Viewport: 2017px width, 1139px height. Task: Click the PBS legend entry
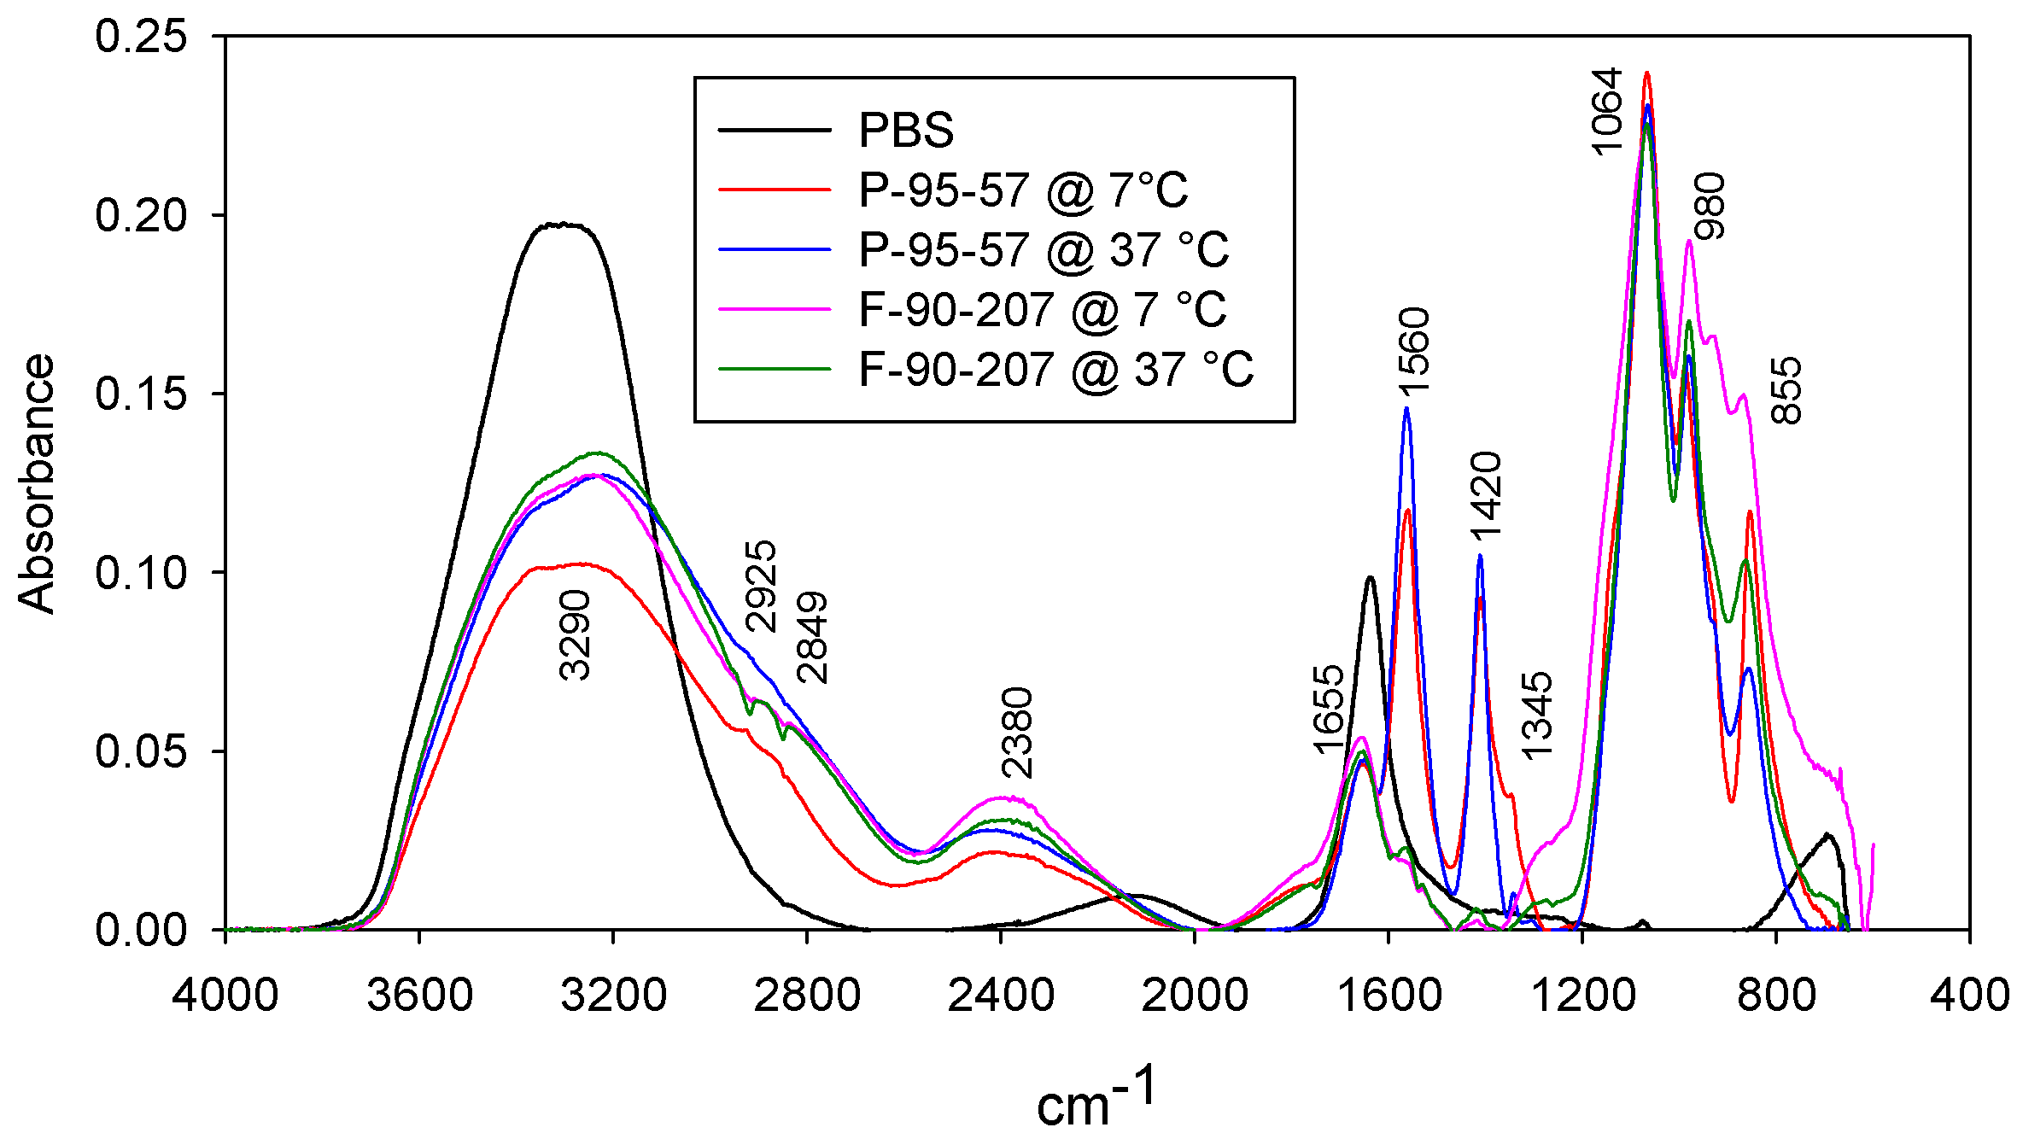905,131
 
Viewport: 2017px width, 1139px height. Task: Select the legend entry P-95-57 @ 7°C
1022,190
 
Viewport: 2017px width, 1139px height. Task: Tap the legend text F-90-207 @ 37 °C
1055,370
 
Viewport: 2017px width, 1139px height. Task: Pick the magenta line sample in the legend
775,309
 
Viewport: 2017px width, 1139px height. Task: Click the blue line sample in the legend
775,249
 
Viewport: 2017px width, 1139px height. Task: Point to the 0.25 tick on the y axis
140,37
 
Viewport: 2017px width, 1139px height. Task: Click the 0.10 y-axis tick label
140,573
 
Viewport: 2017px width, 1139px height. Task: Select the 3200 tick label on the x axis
613,996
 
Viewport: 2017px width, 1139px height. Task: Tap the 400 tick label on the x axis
1969,996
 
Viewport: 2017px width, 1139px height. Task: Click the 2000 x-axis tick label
1195,996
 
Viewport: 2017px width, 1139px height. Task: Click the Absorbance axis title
37,483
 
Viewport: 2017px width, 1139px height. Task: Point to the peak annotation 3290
575,634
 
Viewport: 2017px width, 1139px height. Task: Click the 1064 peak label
1606,111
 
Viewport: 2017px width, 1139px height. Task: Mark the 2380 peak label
1017,733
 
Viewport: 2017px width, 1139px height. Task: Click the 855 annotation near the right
1786,390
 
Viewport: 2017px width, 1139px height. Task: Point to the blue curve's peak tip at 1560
1406,409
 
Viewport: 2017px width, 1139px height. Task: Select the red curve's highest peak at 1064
1647,73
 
